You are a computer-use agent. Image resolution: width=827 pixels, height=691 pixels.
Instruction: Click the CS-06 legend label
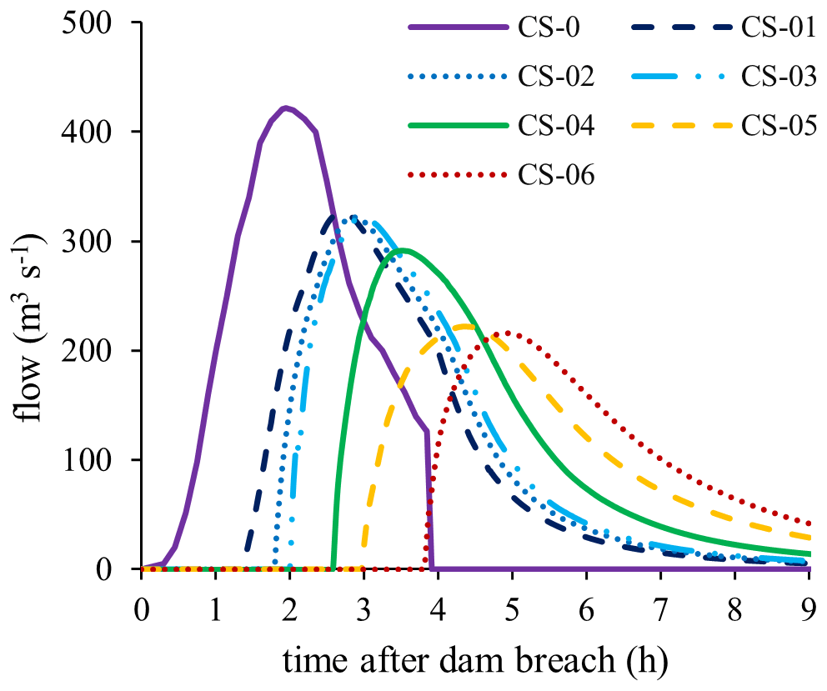pyautogui.click(x=556, y=175)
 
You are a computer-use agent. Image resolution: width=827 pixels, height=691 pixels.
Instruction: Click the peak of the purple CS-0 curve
pyautogui.click(x=286, y=108)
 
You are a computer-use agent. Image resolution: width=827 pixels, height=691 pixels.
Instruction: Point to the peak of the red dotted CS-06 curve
pyautogui.click(x=504, y=333)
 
